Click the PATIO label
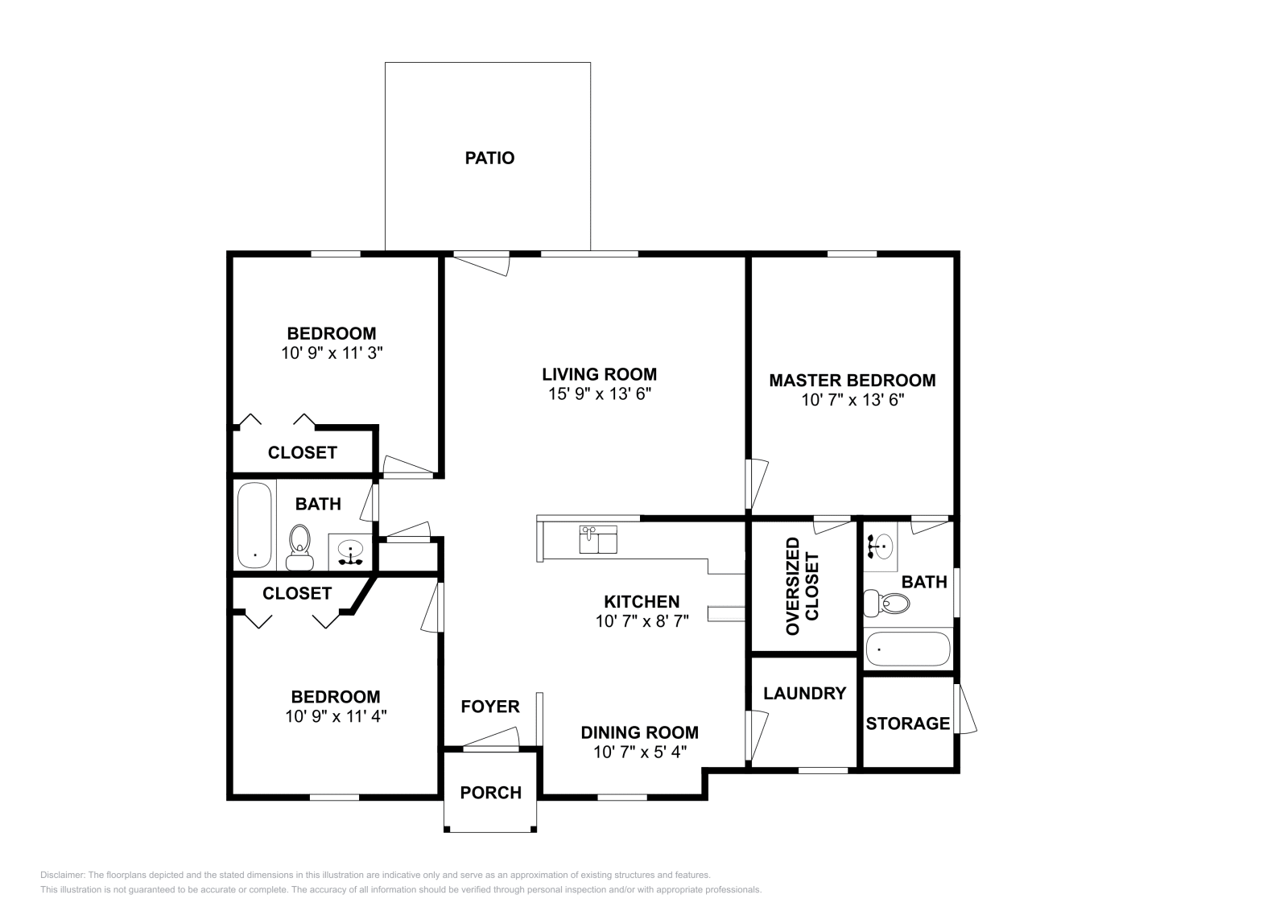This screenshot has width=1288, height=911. coord(489,158)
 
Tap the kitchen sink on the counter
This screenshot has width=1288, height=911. coord(598,540)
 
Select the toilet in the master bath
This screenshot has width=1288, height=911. coord(886,603)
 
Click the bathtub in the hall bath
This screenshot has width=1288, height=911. coord(254,526)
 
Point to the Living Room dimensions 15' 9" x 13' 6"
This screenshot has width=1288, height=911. coord(600,394)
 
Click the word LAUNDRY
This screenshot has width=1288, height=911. coord(804,694)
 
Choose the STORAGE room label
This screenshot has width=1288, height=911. coord(907,723)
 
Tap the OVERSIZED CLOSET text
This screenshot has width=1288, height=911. coord(802,587)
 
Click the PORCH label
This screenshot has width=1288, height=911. coord(490,793)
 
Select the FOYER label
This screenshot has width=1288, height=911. coord(490,707)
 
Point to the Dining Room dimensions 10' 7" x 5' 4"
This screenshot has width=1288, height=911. coord(640,752)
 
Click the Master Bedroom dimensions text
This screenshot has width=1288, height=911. coord(852,399)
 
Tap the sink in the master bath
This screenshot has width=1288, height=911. coord(881,546)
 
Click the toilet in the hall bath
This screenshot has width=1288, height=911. coord(299,547)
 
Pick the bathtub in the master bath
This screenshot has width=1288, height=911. coord(908,649)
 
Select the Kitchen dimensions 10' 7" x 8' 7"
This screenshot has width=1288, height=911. coord(642,621)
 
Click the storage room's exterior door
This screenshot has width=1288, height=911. coord(964,709)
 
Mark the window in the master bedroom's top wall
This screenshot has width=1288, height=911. coord(852,254)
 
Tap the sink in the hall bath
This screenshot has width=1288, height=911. coord(349,552)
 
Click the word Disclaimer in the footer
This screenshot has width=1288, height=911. coord(63,875)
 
